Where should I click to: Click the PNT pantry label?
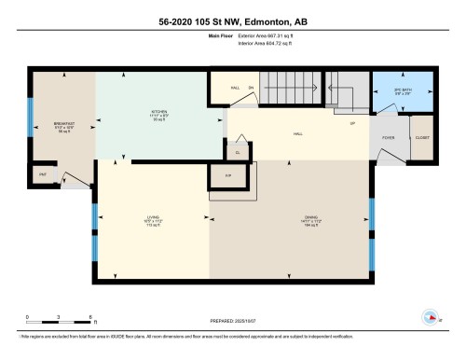pyautogui.click(x=42, y=174)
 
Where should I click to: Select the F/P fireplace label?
pyautogui.click(x=227, y=174)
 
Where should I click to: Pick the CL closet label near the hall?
pyautogui.click(x=238, y=151)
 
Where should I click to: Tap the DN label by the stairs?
pyautogui.click(x=250, y=90)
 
